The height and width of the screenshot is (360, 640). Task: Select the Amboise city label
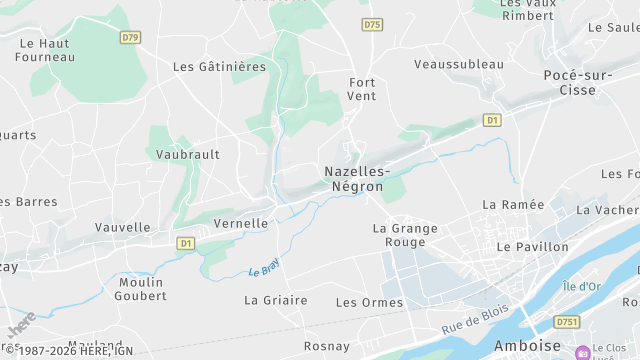pos(527,346)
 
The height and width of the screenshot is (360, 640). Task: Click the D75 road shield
pos(373,24)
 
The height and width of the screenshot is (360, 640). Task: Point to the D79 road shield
pos(130,38)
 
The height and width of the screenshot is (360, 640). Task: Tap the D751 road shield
pos(567,322)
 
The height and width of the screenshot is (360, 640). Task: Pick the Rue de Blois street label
pos(475,319)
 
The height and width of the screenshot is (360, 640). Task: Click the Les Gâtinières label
pos(219,67)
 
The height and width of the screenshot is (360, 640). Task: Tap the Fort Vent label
pos(362,88)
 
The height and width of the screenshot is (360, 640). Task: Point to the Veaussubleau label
pos(459,64)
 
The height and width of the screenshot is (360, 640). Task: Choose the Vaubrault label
pos(188,155)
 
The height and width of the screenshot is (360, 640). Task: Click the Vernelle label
pos(241,224)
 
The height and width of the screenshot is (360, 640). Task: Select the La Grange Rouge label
pos(405,235)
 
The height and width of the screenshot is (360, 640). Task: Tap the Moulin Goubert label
pos(141,289)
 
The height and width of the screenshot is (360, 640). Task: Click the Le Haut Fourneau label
pos(47,50)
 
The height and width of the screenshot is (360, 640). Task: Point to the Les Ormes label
pos(369,302)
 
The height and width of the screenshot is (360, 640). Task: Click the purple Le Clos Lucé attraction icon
pos(582,352)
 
